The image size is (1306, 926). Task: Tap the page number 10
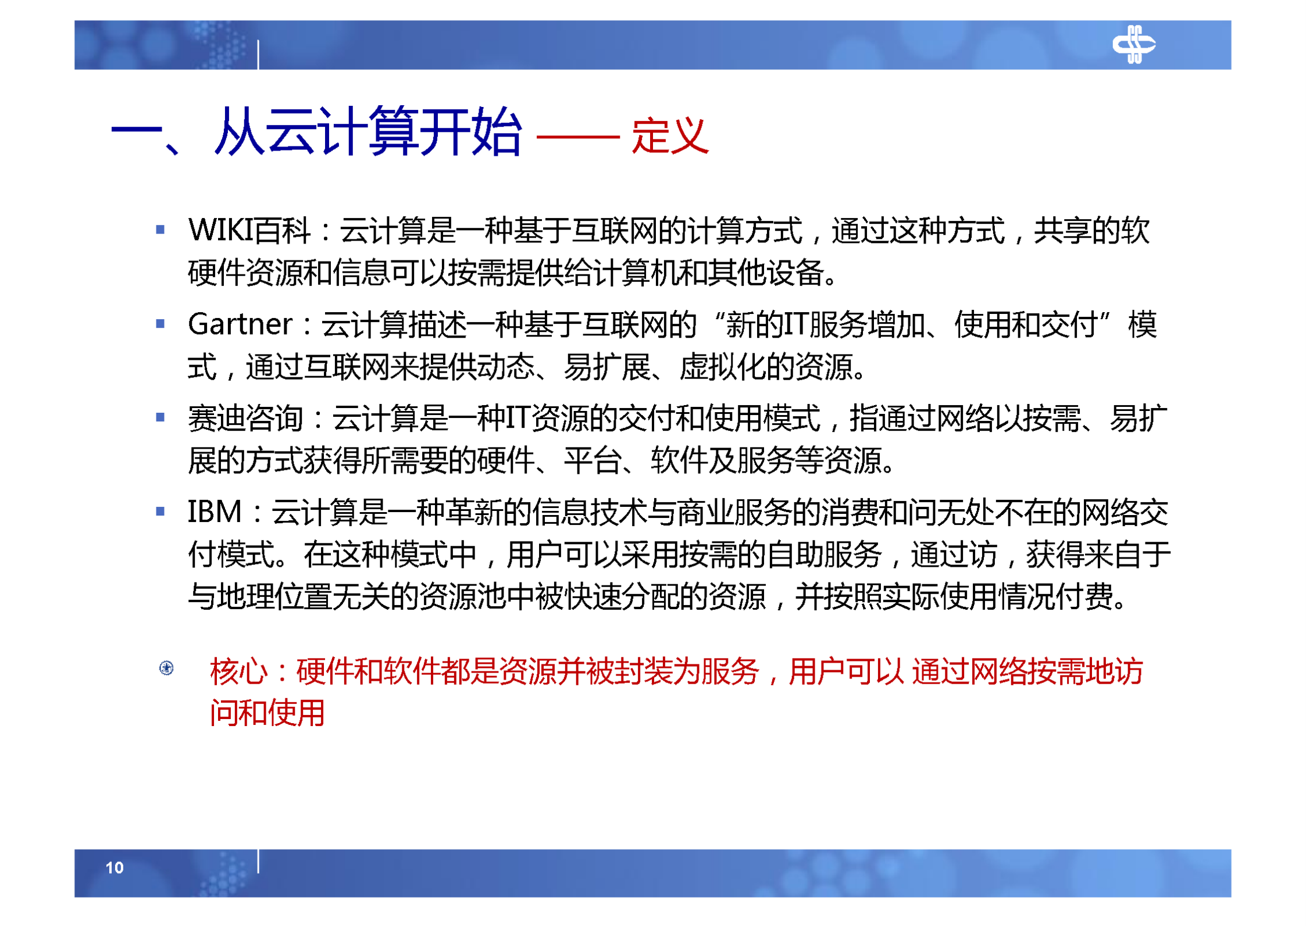115,867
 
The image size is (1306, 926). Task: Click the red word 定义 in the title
670,135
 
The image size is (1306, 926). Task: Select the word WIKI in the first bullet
220,230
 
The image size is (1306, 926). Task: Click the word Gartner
240,324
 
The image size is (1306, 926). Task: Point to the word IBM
214,512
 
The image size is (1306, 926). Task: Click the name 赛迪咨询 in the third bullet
245,418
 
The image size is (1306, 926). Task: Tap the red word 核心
238,671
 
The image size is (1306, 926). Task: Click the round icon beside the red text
166,668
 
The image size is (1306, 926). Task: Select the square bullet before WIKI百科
160,230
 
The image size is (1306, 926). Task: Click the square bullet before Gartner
160,324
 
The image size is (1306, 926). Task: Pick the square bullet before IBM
160,512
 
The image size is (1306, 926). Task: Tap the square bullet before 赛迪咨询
160,417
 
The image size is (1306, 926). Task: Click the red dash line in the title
577,137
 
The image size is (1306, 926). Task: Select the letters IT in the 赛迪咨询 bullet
518,418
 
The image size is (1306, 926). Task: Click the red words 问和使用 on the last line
267,713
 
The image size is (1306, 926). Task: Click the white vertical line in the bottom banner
258,861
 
